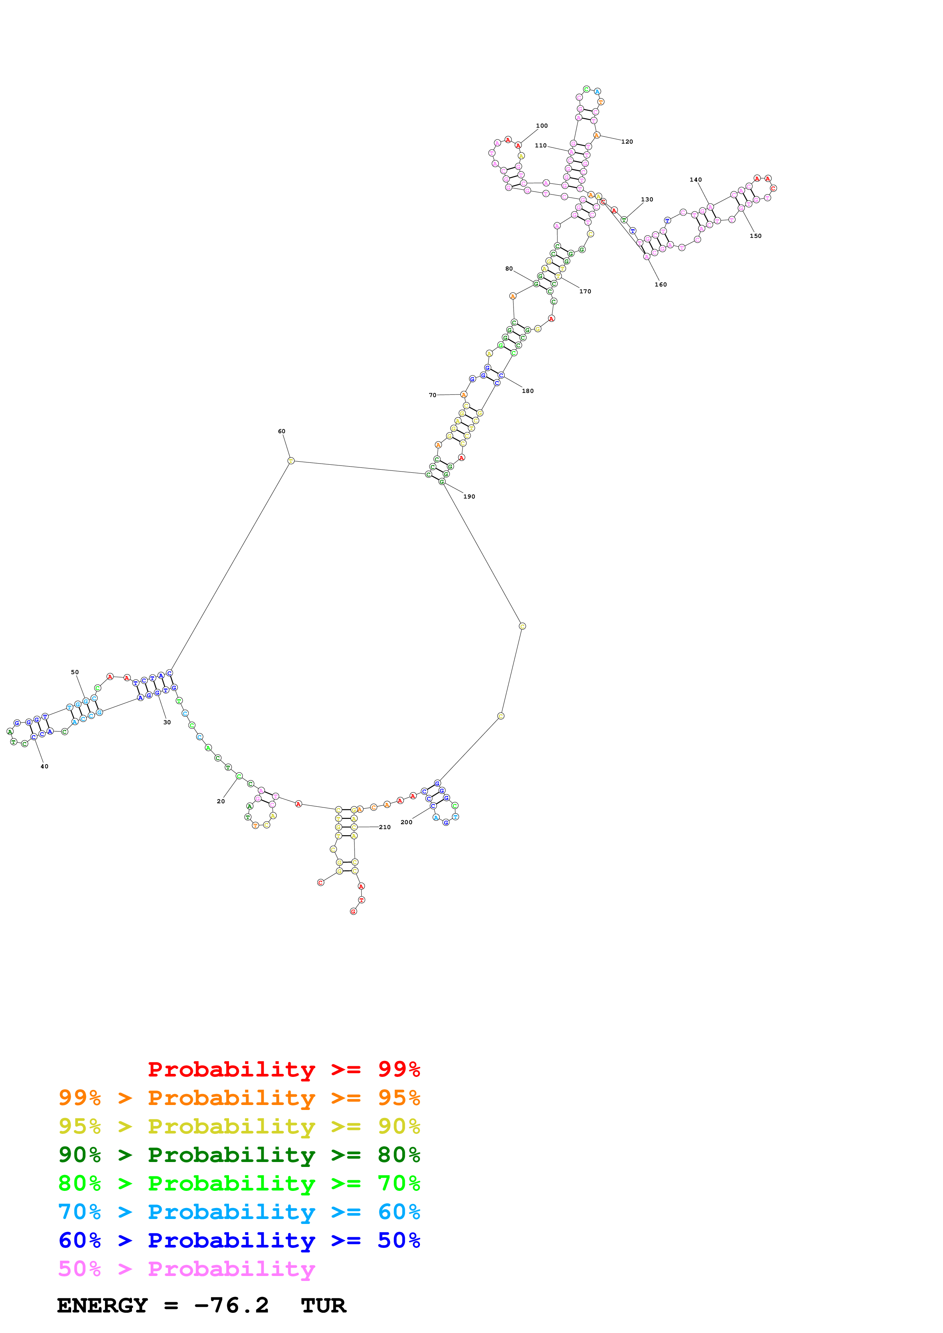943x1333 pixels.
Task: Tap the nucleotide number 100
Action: coord(542,125)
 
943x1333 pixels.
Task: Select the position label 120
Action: coord(627,142)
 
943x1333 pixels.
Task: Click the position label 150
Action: coord(755,236)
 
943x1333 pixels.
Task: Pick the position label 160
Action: coord(661,285)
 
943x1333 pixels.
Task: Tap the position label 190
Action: coord(469,496)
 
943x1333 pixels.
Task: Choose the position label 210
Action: coord(385,827)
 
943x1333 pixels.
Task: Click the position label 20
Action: coord(221,801)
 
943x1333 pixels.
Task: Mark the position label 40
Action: coord(44,766)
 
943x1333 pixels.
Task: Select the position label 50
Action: coord(75,672)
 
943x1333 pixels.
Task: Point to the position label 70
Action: coord(432,395)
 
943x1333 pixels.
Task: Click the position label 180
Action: coord(528,391)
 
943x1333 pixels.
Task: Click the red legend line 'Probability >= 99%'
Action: coord(283,1069)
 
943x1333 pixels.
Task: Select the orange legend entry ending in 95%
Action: coord(239,1097)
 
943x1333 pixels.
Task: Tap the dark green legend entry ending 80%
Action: coord(239,1155)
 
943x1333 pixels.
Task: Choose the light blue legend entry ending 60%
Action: coord(239,1212)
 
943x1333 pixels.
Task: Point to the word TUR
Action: coord(324,1306)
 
